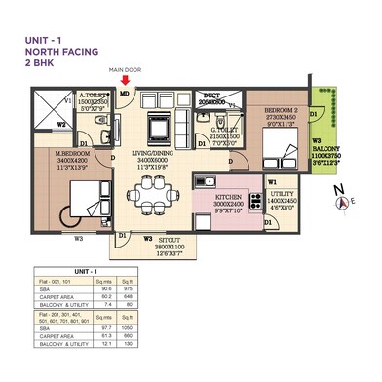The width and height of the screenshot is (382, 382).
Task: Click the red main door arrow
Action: (124, 81)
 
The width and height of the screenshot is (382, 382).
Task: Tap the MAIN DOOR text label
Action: (124, 70)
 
